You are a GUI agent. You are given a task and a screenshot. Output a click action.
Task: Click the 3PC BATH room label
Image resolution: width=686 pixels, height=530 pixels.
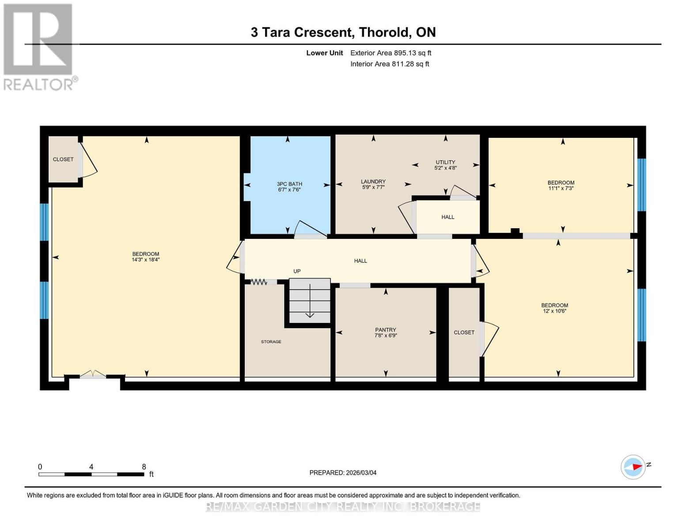(289, 184)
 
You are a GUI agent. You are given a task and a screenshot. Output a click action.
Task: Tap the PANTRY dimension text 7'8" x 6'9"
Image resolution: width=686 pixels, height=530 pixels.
(385, 336)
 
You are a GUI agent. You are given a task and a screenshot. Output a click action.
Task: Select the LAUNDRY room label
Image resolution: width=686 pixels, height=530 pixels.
(373, 182)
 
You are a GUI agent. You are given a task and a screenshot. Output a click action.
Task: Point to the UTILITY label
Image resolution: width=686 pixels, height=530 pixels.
(445, 162)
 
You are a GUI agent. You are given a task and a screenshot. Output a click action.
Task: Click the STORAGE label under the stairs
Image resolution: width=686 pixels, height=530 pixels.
(271, 342)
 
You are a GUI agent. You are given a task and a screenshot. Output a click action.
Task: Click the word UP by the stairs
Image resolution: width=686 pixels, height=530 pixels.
(297, 271)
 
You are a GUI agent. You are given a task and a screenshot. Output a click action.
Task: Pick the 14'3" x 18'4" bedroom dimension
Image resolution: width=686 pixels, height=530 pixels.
(145, 260)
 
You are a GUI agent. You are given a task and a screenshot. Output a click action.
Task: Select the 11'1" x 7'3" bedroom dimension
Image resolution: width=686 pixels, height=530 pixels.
(561, 189)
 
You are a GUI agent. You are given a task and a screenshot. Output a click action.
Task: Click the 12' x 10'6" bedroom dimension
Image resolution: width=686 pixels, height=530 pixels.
(555, 311)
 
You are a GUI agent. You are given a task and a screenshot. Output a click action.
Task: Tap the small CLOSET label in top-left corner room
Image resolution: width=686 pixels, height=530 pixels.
(63, 159)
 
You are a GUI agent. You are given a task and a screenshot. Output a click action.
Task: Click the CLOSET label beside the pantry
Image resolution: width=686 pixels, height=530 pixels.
(464, 333)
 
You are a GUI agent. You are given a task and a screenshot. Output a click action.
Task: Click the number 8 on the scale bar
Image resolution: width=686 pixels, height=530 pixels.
(144, 467)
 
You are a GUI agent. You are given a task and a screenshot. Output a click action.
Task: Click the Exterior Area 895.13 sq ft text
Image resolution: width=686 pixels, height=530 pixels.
(390, 53)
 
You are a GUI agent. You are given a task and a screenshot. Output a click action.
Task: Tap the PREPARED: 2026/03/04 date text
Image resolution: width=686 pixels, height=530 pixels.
(343, 473)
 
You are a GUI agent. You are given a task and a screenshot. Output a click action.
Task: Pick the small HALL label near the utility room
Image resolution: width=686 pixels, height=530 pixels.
(447, 217)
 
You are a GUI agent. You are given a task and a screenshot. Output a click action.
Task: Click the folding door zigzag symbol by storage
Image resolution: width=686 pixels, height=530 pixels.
(259, 281)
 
